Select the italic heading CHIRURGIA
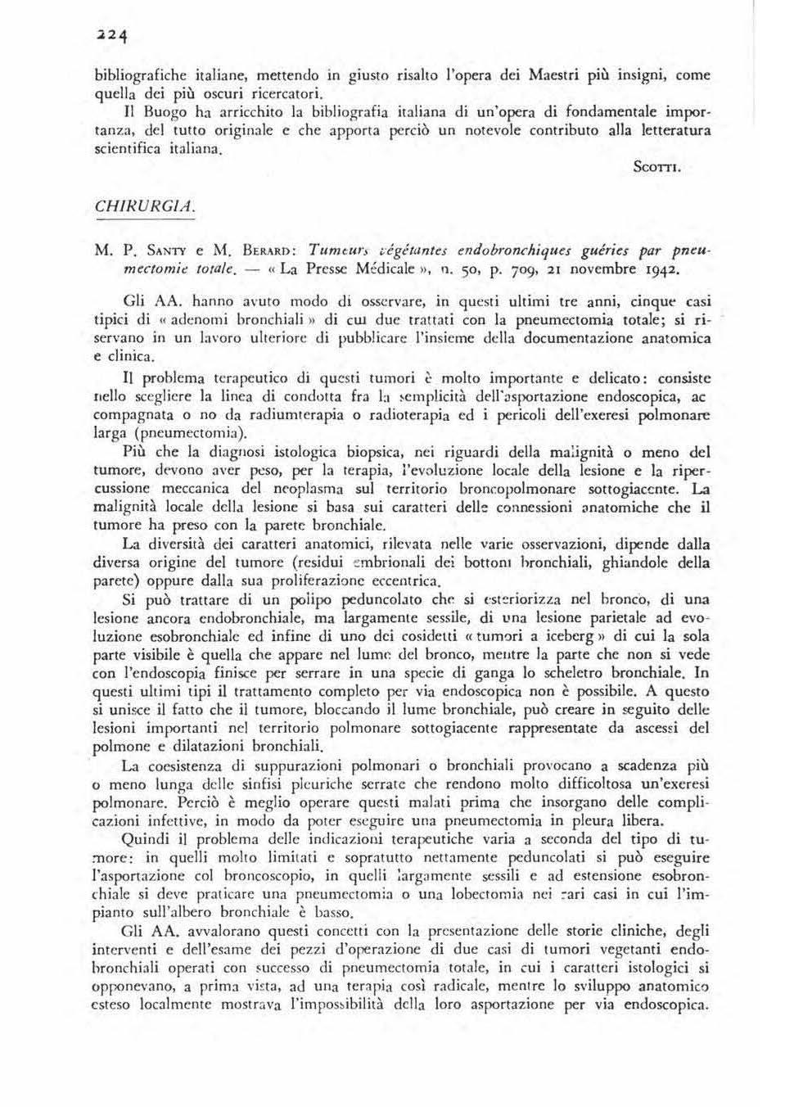tap(145, 206)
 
